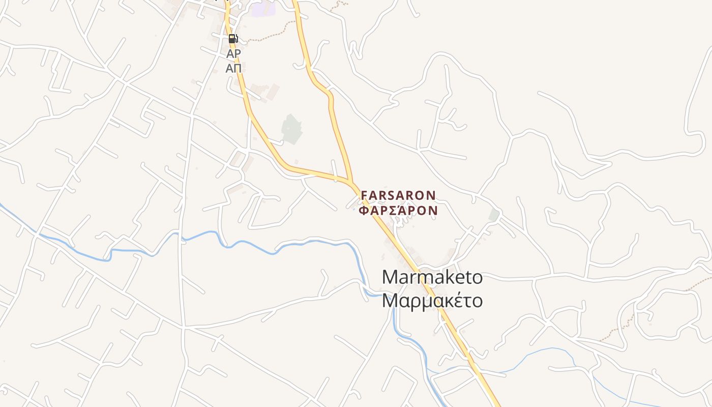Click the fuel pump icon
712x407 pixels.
(x=233, y=39)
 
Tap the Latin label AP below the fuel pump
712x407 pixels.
(x=233, y=53)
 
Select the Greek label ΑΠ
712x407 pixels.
(x=233, y=68)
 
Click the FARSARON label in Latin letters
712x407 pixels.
(x=398, y=195)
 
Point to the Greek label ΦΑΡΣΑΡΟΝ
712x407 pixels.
(x=398, y=210)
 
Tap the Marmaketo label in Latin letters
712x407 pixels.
(x=432, y=277)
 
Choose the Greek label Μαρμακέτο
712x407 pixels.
(x=432, y=301)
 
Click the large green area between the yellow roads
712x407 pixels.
(x=291, y=129)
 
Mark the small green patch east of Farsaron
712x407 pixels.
(x=494, y=215)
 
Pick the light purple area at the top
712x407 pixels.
(x=263, y=9)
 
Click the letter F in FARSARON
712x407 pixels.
(x=364, y=195)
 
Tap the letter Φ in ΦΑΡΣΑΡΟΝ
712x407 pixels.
(x=363, y=210)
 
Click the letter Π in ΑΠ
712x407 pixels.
(x=238, y=68)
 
